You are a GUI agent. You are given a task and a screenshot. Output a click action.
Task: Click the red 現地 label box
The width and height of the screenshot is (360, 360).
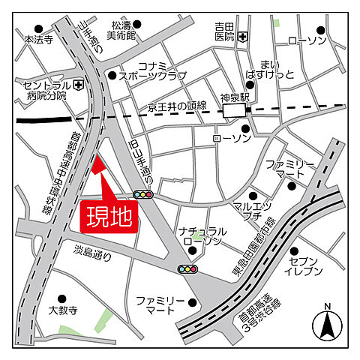click(108, 216)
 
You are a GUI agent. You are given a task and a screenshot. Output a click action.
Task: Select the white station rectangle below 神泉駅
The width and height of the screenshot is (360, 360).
click(235, 111)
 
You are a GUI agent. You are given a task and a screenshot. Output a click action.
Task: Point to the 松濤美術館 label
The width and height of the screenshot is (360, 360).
click(121, 29)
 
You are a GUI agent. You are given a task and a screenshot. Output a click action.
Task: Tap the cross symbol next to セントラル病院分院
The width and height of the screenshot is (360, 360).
click(77, 85)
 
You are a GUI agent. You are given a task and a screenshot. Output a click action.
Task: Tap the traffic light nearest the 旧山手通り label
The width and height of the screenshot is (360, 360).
click(142, 194)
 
